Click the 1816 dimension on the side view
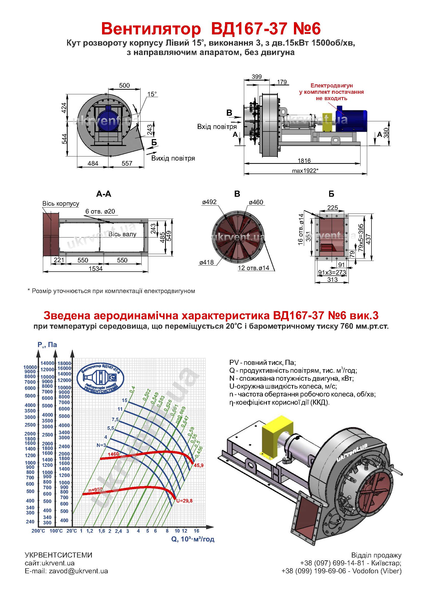coord(304,161)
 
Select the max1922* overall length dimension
coord(305,170)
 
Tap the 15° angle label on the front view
coord(152,94)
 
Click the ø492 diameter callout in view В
coord(209,202)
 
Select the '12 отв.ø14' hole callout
coord(253,268)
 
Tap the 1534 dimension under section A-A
coord(96,269)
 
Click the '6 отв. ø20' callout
coord(100,211)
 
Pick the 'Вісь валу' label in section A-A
coord(122,234)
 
